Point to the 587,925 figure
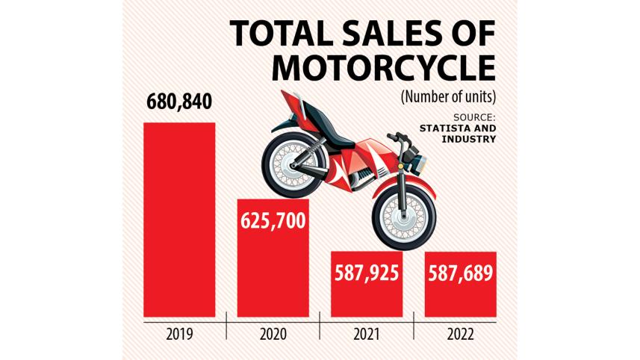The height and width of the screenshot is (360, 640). click(367, 273)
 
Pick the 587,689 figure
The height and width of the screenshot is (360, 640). click(460, 273)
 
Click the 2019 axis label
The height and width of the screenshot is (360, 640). click(179, 334)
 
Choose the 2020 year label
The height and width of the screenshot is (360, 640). click(273, 334)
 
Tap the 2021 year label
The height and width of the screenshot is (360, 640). click(367, 334)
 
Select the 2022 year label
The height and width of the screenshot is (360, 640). click(460, 334)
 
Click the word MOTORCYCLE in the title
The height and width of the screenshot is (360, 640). click(383, 68)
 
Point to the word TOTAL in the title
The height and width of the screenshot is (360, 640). click(277, 34)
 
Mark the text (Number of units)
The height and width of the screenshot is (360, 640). click(448, 96)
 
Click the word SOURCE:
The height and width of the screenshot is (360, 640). click(474, 117)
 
